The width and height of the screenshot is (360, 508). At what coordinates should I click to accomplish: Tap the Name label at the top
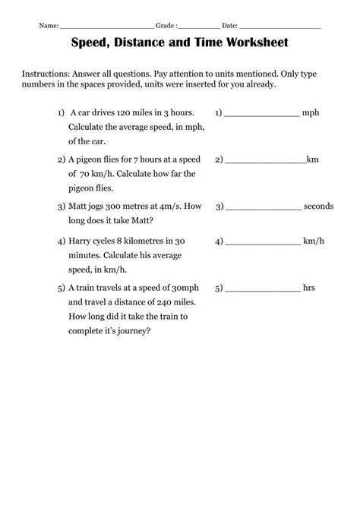pyautogui.click(x=49, y=26)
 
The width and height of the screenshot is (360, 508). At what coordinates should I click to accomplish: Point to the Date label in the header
pyautogui.click(x=230, y=26)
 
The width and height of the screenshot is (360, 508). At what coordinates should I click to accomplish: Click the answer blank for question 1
pyautogui.click(x=262, y=113)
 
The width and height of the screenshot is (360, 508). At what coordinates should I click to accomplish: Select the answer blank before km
pyautogui.click(x=265, y=160)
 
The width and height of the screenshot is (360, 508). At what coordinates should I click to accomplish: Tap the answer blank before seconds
pyautogui.click(x=263, y=207)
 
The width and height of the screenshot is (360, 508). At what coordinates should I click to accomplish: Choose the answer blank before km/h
pyautogui.click(x=263, y=242)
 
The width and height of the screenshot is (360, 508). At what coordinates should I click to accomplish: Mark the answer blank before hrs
pyautogui.click(x=263, y=289)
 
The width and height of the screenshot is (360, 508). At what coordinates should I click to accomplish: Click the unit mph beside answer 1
pyautogui.click(x=311, y=112)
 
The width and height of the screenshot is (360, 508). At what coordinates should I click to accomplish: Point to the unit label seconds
pyautogui.click(x=319, y=207)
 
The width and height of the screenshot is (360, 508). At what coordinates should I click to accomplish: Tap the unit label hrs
pyautogui.click(x=309, y=289)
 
